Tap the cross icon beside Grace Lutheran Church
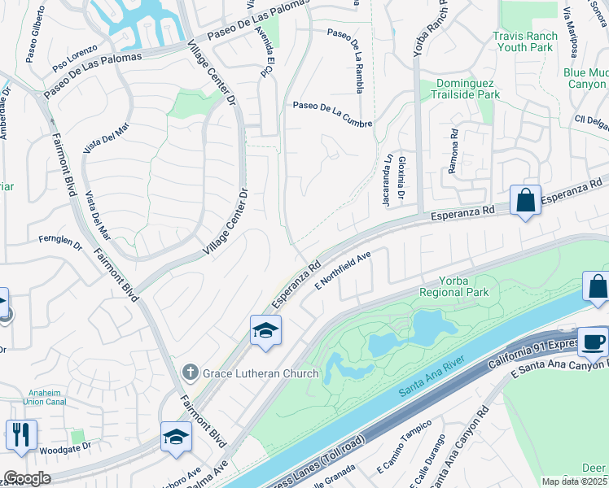[190, 373]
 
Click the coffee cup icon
[592, 342]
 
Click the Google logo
[27, 478]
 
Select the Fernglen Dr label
[61, 242]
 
